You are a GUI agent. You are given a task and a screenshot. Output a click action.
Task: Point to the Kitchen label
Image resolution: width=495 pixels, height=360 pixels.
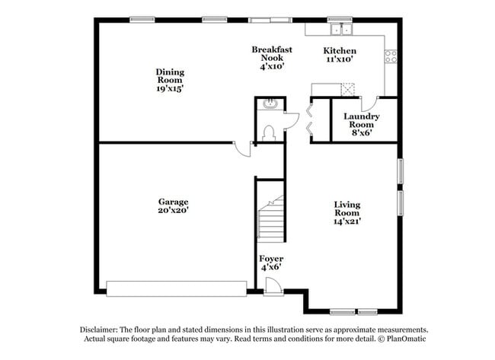tap(340, 51)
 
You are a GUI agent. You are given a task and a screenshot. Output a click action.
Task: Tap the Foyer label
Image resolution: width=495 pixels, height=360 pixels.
tap(271, 259)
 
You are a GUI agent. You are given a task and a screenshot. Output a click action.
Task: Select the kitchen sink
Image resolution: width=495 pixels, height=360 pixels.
tap(340, 30)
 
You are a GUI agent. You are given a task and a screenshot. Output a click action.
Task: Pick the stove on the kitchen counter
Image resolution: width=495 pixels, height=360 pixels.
tap(391, 55)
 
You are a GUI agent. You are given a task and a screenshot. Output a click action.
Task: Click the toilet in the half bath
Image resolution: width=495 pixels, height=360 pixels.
tap(267, 132)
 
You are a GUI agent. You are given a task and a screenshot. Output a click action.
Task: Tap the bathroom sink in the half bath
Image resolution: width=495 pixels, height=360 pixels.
tap(267, 104)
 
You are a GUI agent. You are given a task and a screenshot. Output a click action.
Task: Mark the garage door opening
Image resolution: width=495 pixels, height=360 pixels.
tap(176, 288)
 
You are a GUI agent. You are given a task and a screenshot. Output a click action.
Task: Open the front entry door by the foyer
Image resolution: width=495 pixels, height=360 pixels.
tap(273, 286)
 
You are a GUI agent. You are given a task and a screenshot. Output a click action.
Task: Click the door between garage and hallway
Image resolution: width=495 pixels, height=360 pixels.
tap(243, 148)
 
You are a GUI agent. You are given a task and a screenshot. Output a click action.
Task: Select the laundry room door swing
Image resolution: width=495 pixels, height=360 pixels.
tap(370, 104)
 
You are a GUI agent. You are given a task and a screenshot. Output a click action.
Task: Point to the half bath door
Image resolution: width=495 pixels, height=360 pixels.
tap(291, 120)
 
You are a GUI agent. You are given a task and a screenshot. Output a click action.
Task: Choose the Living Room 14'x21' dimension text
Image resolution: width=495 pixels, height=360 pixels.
tap(346, 222)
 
